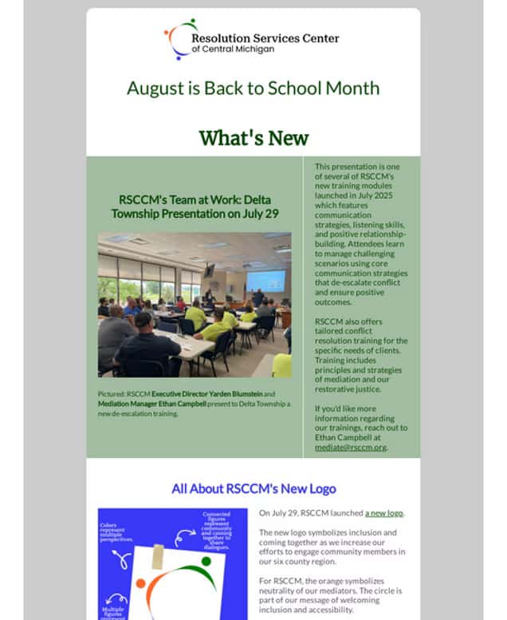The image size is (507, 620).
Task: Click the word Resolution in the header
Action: click(x=219, y=38)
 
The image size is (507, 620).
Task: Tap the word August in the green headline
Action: click(x=153, y=88)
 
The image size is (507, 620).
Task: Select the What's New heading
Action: click(x=253, y=137)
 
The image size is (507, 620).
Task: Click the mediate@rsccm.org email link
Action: click(x=350, y=447)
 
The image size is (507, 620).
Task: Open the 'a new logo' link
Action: click(x=384, y=512)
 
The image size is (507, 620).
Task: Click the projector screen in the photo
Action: click(x=265, y=281)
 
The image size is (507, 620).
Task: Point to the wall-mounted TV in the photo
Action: click(x=209, y=271)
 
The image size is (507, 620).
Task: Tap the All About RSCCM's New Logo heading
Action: click(x=253, y=488)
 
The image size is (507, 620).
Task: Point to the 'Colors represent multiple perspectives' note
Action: click(x=116, y=533)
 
